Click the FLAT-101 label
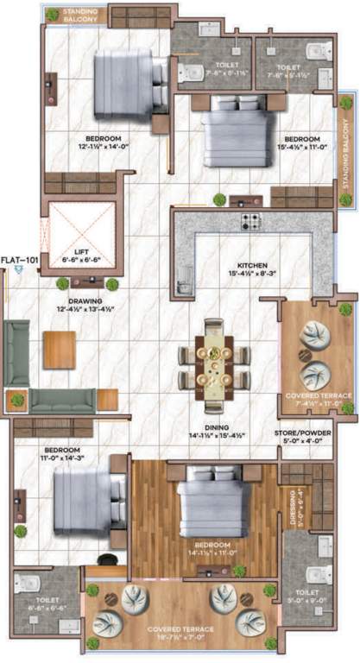(x=18, y=259)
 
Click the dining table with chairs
(x=213, y=354)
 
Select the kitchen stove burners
(x=251, y=221)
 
